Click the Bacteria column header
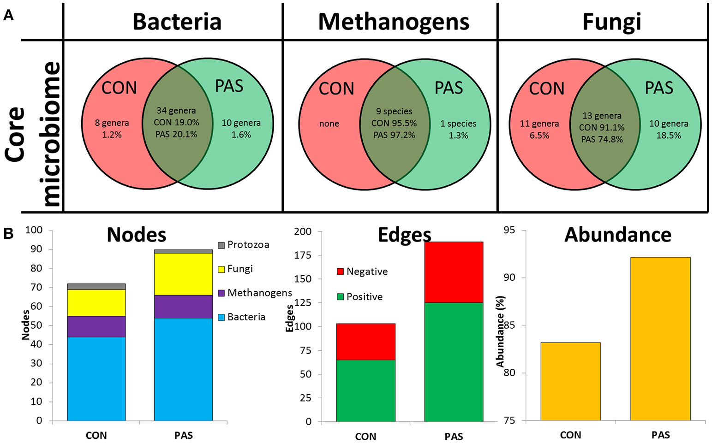coord(177,22)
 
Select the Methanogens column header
coord(394,22)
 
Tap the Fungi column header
coord(611,22)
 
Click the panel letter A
coord(8,16)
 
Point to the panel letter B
coord(8,234)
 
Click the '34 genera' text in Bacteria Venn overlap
coord(176,111)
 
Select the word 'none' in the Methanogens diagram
coord(329,124)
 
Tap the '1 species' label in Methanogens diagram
coord(458,124)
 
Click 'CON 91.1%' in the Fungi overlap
coord(602,127)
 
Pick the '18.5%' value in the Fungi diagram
coord(669,136)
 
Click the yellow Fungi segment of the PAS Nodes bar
coord(183,274)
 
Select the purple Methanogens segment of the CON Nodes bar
coord(96,326)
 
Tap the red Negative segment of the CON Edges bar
coord(365,342)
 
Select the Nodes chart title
coord(136,235)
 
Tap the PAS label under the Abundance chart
coord(660,435)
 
